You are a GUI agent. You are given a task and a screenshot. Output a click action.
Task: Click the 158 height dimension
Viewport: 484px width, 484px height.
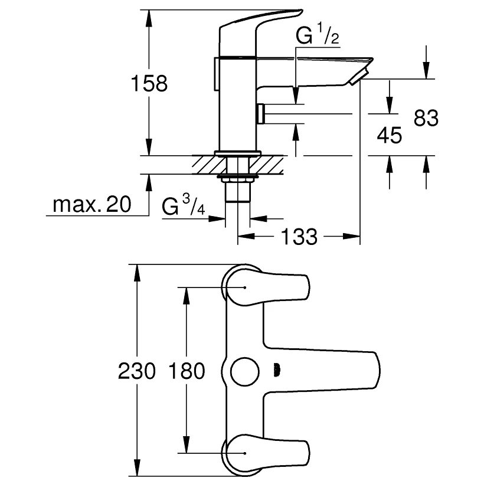pyautogui.click(x=149, y=83)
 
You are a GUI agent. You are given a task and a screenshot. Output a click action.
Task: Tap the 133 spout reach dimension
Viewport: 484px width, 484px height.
pyautogui.click(x=299, y=237)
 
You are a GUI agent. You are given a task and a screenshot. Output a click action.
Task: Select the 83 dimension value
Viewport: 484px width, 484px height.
pyautogui.click(x=426, y=118)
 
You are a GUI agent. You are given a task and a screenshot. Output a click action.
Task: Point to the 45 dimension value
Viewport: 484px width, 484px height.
pyautogui.click(x=389, y=135)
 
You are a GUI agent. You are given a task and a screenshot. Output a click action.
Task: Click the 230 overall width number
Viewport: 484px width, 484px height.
pyautogui.click(x=137, y=371)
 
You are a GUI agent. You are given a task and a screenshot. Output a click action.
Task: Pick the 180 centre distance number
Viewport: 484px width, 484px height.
pyautogui.click(x=187, y=371)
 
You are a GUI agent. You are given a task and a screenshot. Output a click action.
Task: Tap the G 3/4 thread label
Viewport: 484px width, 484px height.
pyautogui.click(x=184, y=205)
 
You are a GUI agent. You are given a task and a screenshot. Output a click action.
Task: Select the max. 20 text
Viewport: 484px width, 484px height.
pyautogui.click(x=92, y=204)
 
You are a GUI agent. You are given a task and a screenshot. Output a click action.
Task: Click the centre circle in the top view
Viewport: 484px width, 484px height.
pyautogui.click(x=245, y=372)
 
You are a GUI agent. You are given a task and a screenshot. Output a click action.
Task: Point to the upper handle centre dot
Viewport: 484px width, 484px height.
pyautogui.click(x=245, y=287)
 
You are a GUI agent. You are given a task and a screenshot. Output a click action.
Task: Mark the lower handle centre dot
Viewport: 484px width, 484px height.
pyautogui.click(x=245, y=453)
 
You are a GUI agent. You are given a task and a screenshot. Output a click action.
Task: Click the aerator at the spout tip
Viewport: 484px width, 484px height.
pyautogui.click(x=358, y=77)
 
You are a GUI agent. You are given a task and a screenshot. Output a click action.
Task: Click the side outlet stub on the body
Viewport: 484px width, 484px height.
pyautogui.click(x=260, y=113)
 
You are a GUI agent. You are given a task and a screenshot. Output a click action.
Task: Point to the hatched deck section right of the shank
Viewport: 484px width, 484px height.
pyautogui.click(x=266, y=165)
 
